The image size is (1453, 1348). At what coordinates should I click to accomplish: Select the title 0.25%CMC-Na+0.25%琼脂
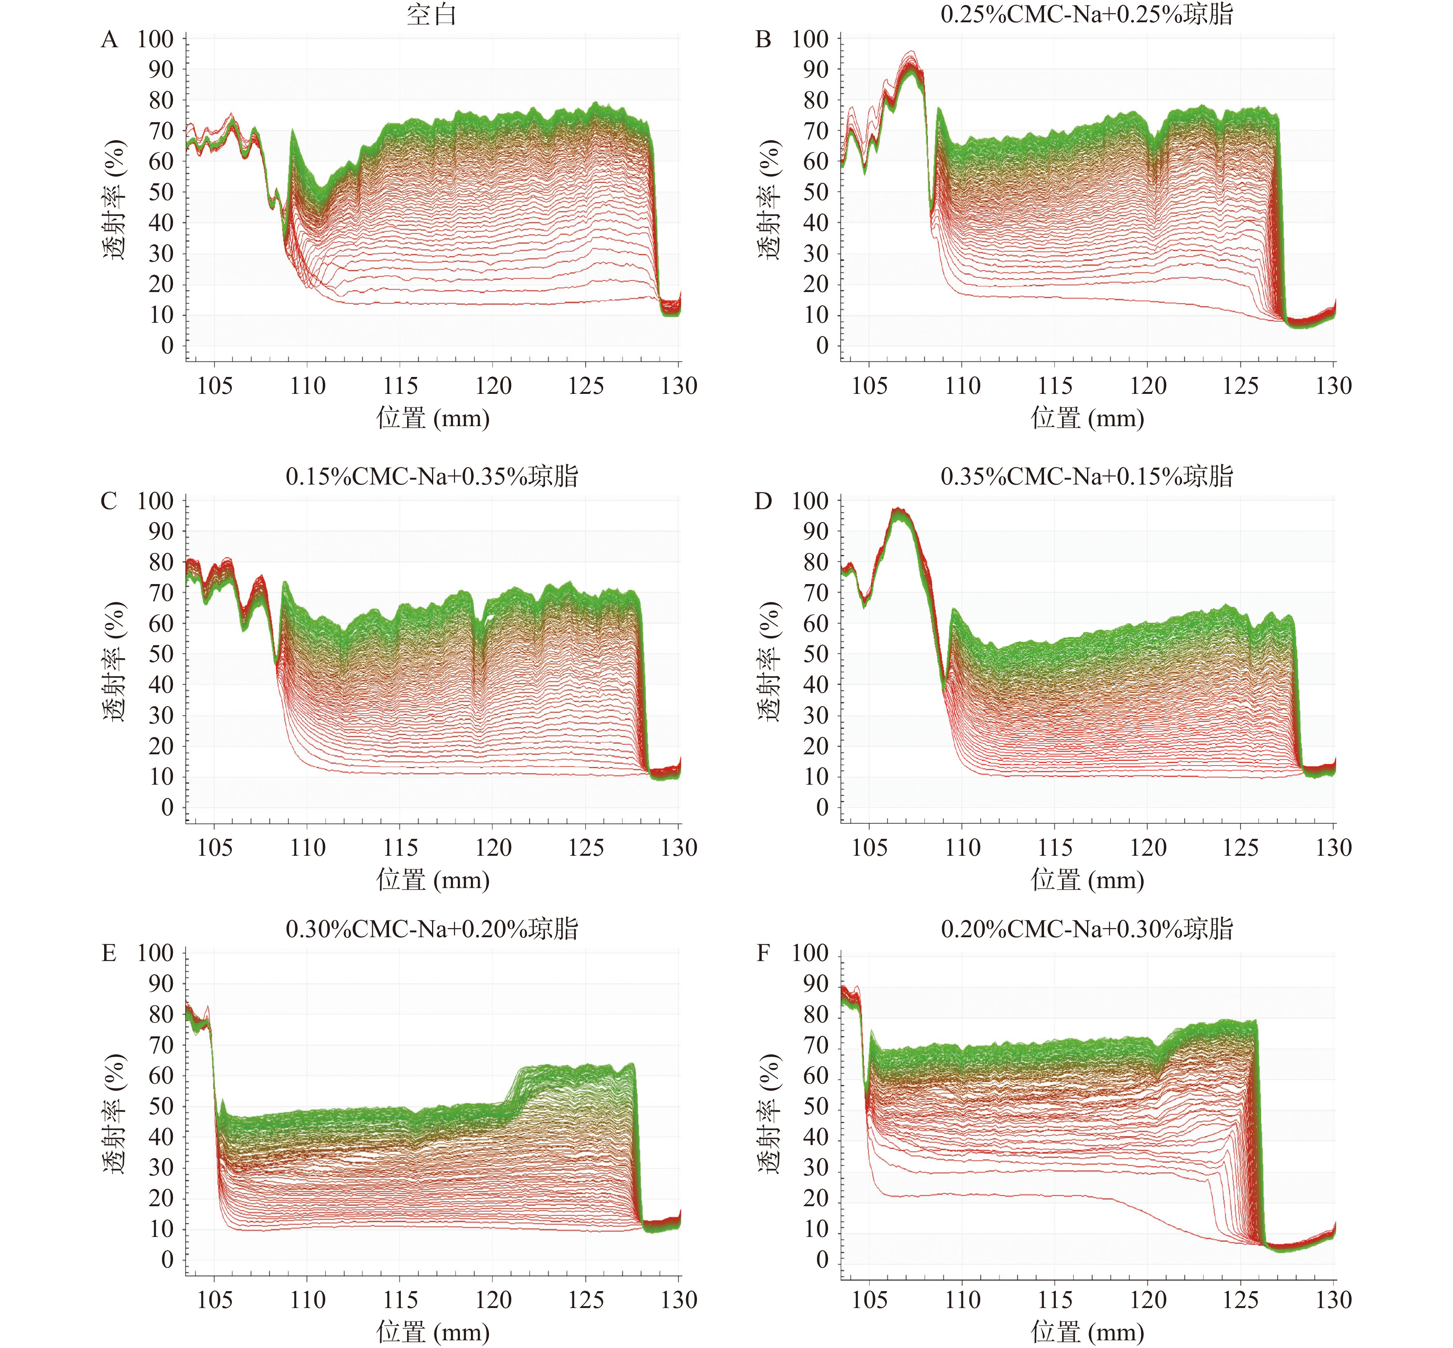pyautogui.click(x=1087, y=15)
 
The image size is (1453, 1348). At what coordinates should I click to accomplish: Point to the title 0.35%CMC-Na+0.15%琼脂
pyautogui.click(x=1087, y=476)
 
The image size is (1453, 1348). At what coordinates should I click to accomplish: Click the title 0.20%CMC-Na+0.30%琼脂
pyautogui.click(x=1087, y=928)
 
